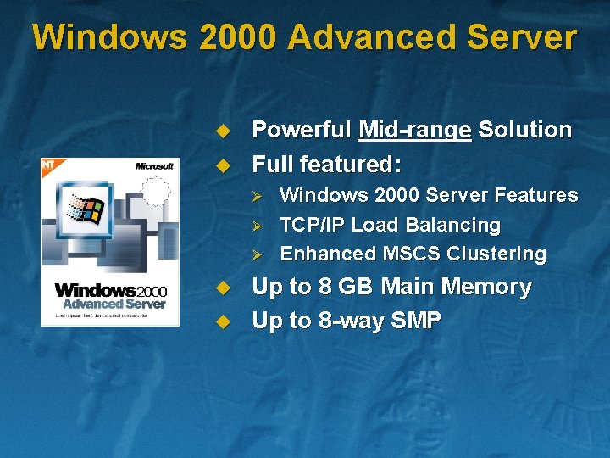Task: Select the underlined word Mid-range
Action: click(x=414, y=131)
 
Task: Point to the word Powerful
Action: click(x=302, y=130)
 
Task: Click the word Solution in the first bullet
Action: click(x=524, y=130)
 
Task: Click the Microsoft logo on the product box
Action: click(x=154, y=165)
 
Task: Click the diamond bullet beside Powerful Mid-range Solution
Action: click(x=223, y=131)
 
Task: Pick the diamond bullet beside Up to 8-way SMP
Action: click(x=223, y=321)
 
